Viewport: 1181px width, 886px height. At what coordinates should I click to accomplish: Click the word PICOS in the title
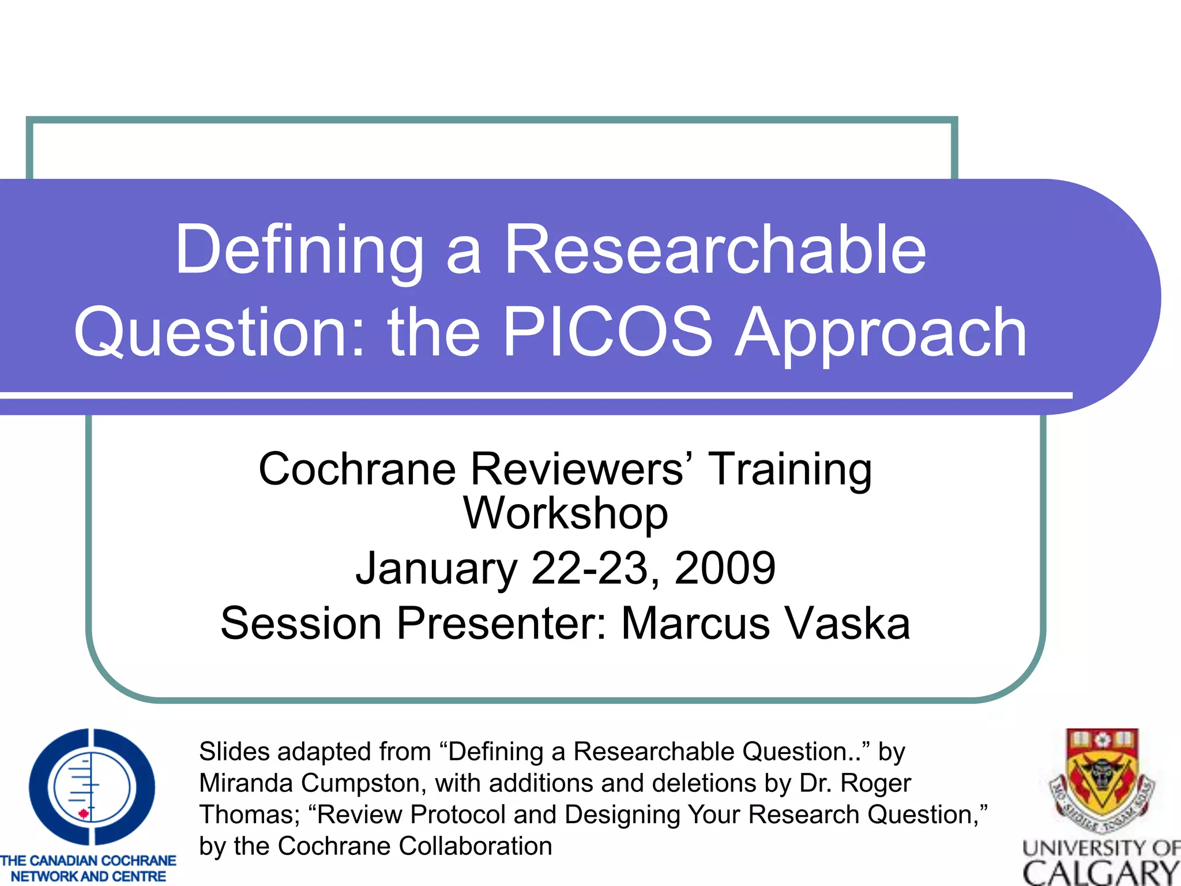607,332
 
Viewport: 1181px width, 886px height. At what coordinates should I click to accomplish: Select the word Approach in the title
881,333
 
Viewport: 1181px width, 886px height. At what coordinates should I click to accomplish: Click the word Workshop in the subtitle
566,513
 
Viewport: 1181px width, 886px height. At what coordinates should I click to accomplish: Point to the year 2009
725,568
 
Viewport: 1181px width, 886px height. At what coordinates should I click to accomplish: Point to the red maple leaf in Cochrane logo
84,814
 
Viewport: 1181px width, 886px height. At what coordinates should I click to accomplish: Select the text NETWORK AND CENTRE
88,876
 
